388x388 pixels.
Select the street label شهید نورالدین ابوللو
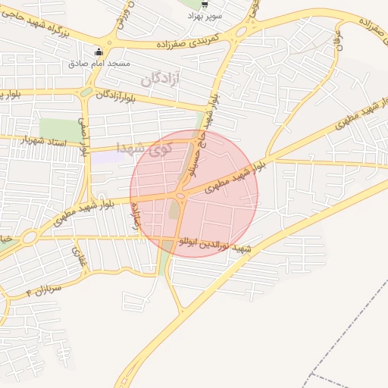point(212,245)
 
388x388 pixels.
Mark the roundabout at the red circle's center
point(181,197)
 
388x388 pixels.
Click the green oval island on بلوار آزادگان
point(86,92)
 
